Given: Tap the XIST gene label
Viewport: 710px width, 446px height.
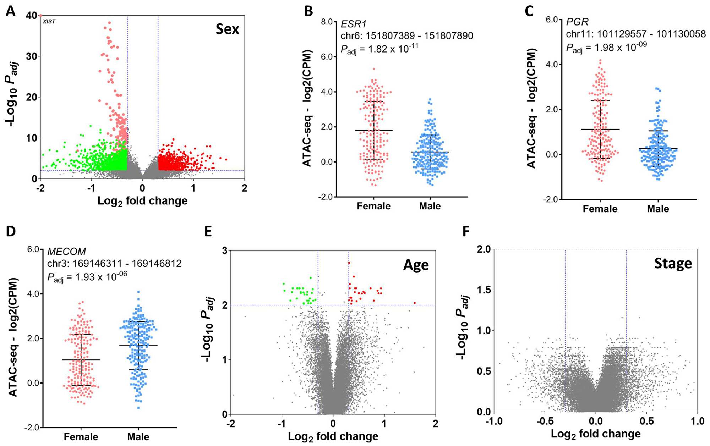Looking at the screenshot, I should click(49, 22).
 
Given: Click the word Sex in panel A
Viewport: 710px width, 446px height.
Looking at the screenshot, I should click(227, 29).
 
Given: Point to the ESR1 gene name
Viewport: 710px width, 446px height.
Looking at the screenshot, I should click(353, 24).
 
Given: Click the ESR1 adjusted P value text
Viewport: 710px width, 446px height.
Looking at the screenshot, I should click(379, 49).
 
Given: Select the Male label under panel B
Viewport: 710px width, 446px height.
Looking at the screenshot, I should click(430, 206).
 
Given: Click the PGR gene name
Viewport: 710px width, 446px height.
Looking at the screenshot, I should click(577, 22).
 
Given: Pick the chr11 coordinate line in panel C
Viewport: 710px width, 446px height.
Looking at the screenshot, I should click(635, 34).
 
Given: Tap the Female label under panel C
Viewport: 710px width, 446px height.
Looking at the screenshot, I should click(600, 209).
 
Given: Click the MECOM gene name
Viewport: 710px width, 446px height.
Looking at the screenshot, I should click(67, 252).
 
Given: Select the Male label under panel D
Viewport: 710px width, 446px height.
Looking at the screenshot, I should click(138, 437).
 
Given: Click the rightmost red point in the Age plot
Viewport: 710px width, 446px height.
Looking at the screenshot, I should click(415, 303).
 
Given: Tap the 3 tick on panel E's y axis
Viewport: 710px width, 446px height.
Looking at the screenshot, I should click(224, 251).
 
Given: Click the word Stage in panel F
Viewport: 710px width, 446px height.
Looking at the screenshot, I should click(673, 264).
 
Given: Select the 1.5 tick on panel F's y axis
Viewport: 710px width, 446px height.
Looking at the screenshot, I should click(483, 290).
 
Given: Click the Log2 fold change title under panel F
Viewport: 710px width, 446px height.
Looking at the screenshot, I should click(596, 434).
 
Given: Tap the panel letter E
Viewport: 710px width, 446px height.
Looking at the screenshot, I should click(208, 231).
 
